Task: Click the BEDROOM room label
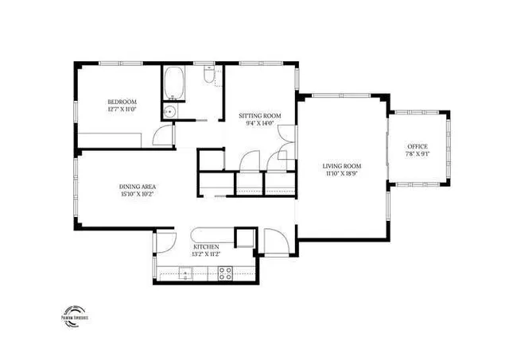point(122,102)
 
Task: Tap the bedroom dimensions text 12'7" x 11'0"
point(122,110)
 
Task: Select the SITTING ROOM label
point(260,115)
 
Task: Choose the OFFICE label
point(418,147)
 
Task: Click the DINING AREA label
point(137,185)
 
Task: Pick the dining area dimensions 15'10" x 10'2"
point(137,194)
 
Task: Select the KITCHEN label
point(205,247)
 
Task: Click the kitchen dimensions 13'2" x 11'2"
point(205,256)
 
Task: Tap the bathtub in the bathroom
point(174,83)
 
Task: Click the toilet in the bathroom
point(208,78)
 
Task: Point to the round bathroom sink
point(169,112)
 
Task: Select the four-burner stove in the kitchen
point(224,274)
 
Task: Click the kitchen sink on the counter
point(185,275)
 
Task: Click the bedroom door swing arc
point(162,135)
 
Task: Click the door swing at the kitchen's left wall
point(165,243)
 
